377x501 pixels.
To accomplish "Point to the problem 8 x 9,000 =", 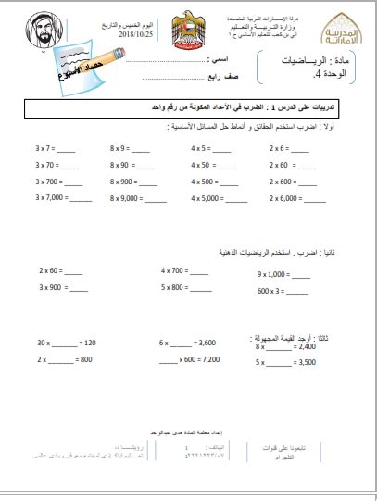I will [125, 197].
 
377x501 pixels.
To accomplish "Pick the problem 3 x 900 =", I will [52, 287].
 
